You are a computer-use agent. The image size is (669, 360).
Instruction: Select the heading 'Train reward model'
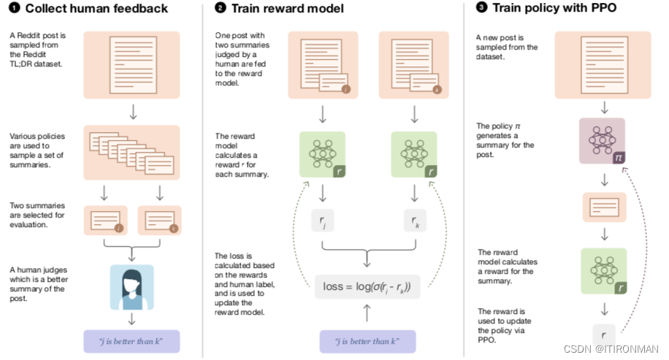coord(282,9)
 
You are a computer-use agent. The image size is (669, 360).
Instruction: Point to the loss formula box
coord(367,287)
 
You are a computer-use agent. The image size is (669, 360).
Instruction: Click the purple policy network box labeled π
coord(603,141)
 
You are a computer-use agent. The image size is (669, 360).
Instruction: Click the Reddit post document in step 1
coord(132,65)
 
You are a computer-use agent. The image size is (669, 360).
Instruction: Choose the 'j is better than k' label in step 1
coord(132,341)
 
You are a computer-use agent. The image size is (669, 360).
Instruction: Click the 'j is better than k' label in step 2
coord(367,341)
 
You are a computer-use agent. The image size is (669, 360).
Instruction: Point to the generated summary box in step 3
coord(603,207)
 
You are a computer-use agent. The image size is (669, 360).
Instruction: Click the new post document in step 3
coord(603,65)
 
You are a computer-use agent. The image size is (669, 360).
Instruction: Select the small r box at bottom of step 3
coord(603,336)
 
